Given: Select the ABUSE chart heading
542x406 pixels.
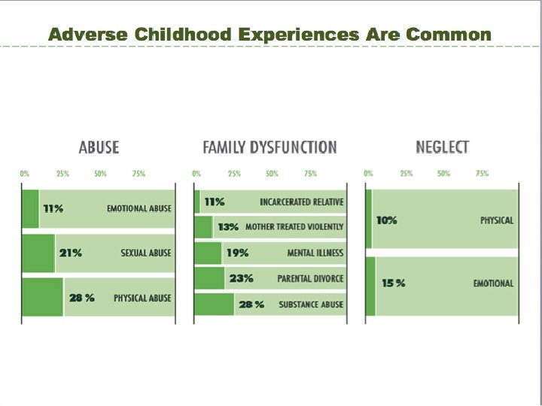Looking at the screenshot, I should [99, 147].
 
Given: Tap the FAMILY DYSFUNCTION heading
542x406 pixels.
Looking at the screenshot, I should [269, 147].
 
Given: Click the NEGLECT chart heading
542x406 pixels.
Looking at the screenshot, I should [442, 147].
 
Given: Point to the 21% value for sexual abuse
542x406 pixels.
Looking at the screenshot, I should [71, 253].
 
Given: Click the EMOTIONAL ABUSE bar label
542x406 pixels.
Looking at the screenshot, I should [139, 208].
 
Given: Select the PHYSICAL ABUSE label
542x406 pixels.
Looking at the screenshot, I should [142, 298].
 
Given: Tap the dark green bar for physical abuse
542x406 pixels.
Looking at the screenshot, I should [42, 298].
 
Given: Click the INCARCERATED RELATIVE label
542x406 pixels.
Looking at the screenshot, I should [301, 202].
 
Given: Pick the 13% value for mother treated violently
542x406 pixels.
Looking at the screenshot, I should [228, 226].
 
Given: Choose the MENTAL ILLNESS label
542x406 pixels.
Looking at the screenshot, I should [315, 253].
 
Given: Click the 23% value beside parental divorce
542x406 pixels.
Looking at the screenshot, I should [241, 279].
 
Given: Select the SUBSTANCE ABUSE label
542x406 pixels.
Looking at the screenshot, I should [311, 304].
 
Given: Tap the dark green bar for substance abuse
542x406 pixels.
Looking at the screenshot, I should [215, 304].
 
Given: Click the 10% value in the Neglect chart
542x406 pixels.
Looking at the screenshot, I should [387, 220].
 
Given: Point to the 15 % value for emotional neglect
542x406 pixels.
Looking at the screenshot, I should [393, 283].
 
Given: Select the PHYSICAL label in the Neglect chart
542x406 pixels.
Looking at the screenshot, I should [496, 220].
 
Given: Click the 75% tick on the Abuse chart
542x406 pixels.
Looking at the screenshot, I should [139, 174].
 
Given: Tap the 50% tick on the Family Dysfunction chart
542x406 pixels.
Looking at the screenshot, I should [272, 174].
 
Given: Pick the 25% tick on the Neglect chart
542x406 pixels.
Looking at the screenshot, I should [406, 174].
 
